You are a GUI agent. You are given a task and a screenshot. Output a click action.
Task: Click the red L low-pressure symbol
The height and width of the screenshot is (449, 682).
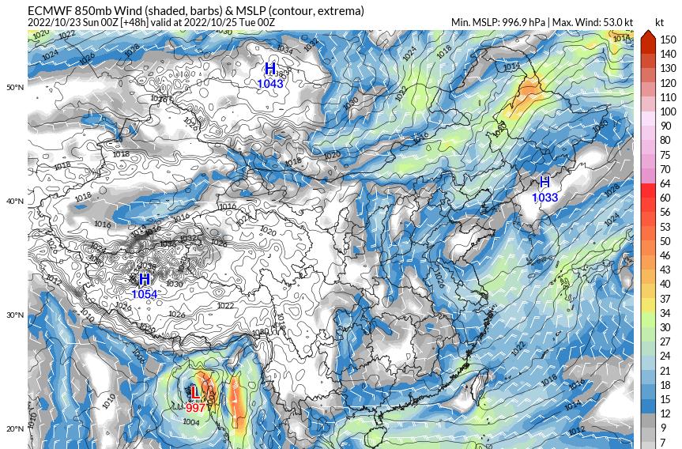click(x=194, y=392)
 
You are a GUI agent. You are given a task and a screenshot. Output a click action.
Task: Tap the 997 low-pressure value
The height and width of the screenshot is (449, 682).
click(x=195, y=408)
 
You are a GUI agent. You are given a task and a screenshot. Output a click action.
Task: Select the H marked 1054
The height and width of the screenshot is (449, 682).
click(x=145, y=280)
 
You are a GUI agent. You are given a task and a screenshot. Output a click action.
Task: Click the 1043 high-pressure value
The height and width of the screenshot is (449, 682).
click(x=270, y=83)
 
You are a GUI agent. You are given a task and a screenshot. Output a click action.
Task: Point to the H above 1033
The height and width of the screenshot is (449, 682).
click(x=544, y=183)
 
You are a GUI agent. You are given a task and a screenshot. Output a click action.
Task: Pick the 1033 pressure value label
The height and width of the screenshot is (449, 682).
click(x=544, y=198)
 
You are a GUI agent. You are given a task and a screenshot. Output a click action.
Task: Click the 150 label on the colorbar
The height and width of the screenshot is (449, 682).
click(x=668, y=40)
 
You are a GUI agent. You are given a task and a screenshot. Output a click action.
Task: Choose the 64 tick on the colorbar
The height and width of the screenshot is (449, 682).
click(x=665, y=183)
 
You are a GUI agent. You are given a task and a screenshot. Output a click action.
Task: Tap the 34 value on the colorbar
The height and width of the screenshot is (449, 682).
click(x=665, y=313)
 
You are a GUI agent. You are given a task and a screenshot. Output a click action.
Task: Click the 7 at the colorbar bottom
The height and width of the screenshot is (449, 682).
click(x=663, y=443)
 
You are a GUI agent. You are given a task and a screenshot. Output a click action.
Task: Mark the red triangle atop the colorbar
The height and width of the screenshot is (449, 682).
click(x=646, y=35)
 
